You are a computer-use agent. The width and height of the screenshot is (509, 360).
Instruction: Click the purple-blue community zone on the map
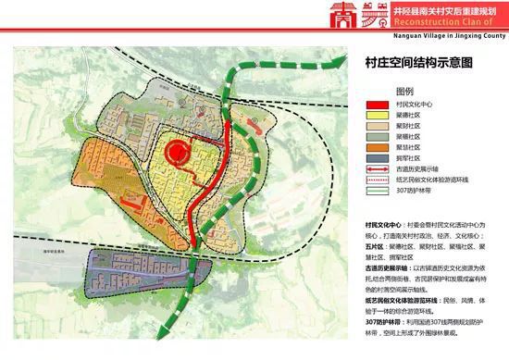coord(130,269)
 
